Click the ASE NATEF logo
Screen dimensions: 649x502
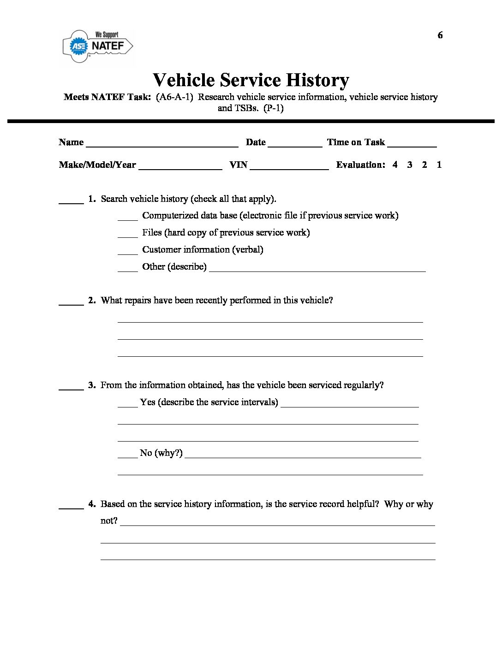[x=98, y=46]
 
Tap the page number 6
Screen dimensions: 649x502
[x=440, y=35]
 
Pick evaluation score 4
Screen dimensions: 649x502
[x=395, y=165]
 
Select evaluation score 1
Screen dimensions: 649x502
[x=439, y=165]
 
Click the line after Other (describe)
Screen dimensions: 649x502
[x=317, y=269]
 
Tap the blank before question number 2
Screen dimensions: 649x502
[x=71, y=302]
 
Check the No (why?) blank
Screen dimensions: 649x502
[x=128, y=455]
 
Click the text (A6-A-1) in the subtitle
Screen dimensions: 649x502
[x=174, y=97]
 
